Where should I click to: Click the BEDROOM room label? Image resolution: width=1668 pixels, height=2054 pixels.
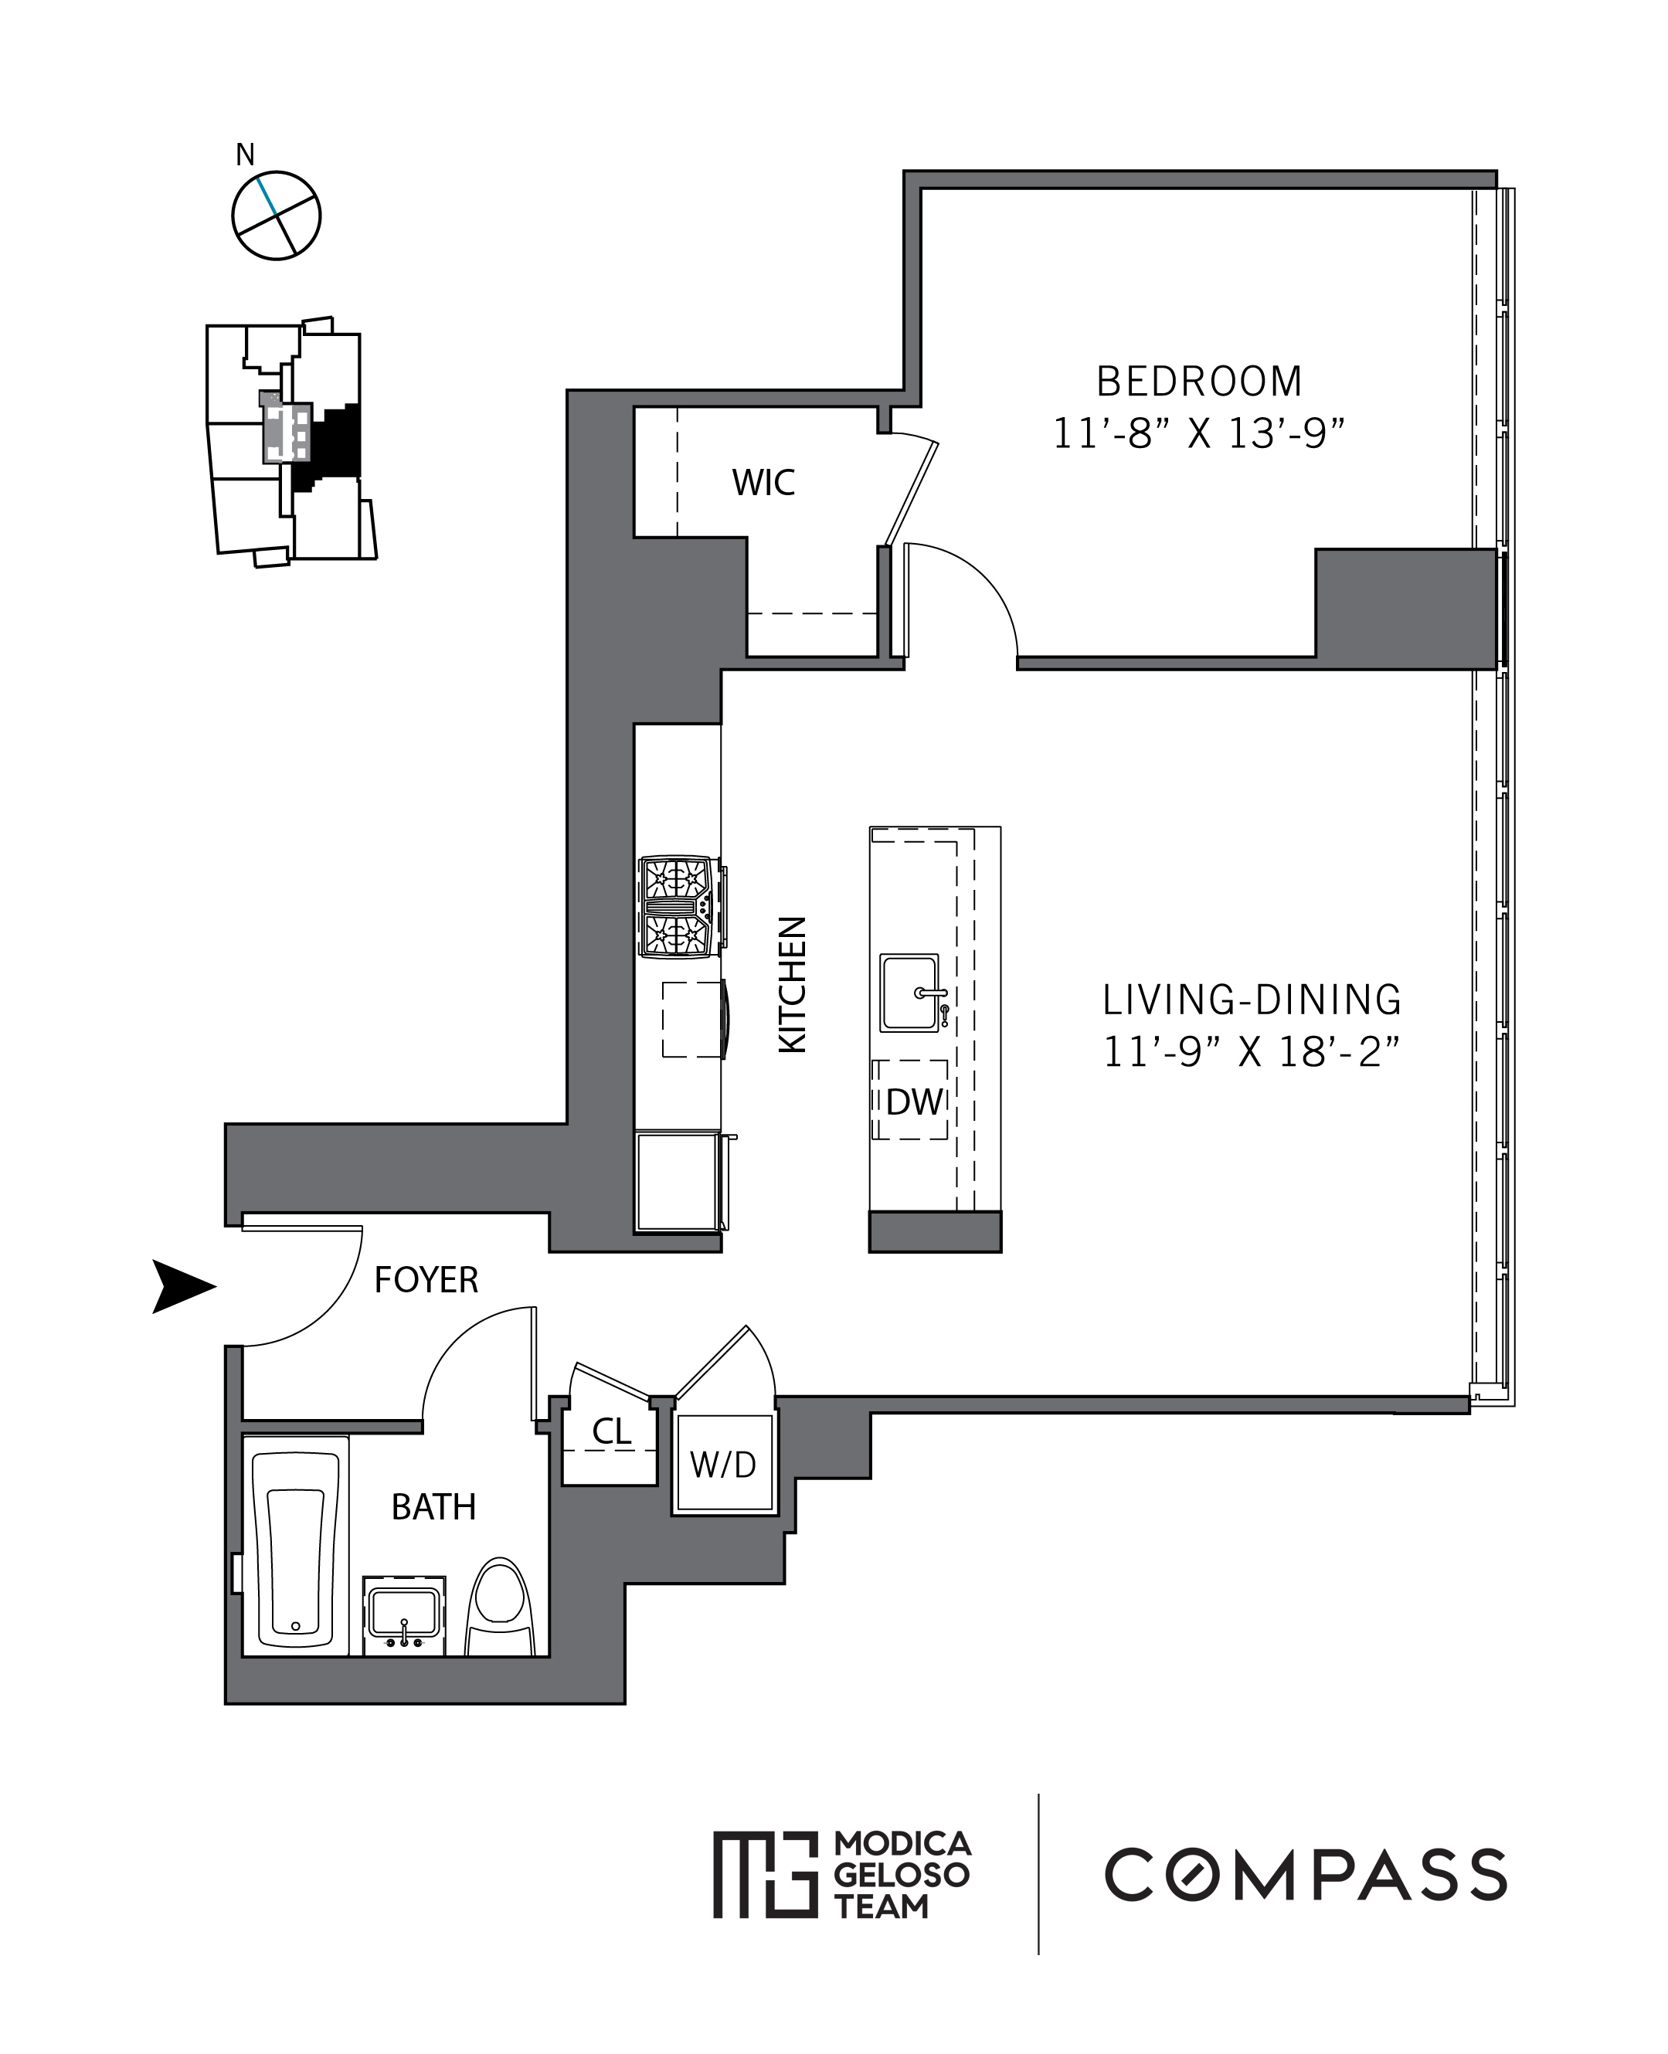coord(1198,382)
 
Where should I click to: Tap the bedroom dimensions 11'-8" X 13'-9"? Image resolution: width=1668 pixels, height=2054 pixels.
coord(1198,434)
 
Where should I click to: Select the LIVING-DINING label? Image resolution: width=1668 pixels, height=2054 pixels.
coord(1251,1000)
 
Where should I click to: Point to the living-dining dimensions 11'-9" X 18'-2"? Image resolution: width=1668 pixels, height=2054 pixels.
coord(1251,1052)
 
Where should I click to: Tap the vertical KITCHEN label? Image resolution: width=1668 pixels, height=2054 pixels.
coord(792,985)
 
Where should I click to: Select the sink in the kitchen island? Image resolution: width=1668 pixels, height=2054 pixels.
coord(909,993)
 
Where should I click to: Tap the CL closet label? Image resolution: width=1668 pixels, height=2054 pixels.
coord(611,1431)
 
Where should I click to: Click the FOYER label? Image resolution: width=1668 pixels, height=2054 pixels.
coord(426,1280)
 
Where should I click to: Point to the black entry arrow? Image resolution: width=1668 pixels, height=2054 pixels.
coord(182,1285)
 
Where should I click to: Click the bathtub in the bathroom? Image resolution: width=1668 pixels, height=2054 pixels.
coord(295,1546)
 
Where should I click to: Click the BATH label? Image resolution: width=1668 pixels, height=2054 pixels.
coord(433,1506)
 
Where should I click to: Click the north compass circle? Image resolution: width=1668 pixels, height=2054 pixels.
coord(276,216)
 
